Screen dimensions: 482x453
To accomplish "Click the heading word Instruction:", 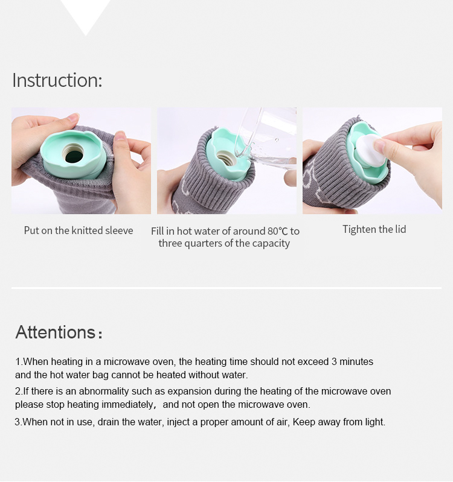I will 57,80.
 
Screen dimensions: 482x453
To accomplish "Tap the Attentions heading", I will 56,332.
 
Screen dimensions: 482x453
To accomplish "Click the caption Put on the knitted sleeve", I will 79,230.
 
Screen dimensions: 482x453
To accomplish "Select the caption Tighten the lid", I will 374,229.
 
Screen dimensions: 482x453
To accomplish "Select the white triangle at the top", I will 86,15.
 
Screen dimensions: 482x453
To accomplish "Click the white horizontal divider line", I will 226,288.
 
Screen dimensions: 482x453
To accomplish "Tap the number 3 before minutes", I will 335,362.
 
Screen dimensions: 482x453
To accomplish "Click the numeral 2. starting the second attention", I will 19,392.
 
